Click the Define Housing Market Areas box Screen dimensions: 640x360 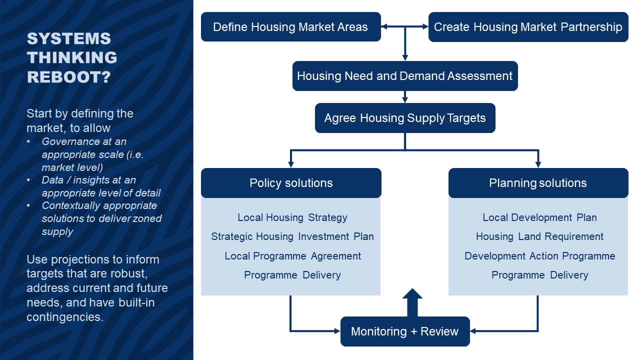click(x=291, y=27)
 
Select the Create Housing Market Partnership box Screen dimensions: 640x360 click(x=528, y=27)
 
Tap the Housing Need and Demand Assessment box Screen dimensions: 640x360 click(x=405, y=76)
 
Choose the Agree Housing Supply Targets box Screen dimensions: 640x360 click(x=405, y=118)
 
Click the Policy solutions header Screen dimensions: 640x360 click(x=291, y=183)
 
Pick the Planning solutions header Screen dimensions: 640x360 click(x=538, y=183)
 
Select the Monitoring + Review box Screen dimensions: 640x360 click(x=405, y=331)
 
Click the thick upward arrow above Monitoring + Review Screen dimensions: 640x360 click(x=412, y=302)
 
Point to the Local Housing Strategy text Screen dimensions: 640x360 click(x=292, y=217)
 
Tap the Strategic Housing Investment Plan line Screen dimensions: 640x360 click(x=292, y=236)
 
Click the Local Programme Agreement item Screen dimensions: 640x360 click(x=292, y=256)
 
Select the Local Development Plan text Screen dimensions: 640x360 click(x=539, y=217)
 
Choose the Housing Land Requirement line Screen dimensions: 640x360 click(x=539, y=236)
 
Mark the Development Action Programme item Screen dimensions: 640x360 click(x=539, y=256)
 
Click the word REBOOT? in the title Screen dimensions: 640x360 click(x=69, y=77)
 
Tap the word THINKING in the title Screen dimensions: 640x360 click(x=72, y=57)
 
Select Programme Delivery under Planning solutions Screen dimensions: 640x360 click(x=539, y=275)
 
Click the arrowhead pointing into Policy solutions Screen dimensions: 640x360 click(x=291, y=164)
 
